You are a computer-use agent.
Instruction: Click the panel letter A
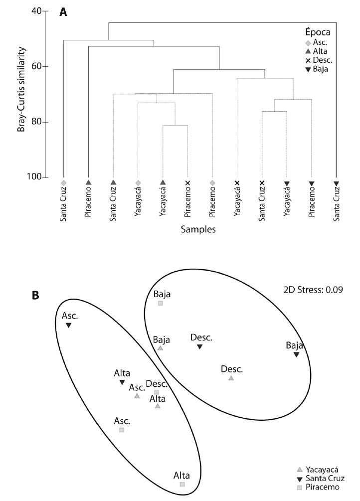pos(63,12)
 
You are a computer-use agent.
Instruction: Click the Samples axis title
pos(199,230)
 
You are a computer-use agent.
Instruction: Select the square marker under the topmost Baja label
pos(161,303)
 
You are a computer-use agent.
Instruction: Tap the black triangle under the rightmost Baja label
pos(296,354)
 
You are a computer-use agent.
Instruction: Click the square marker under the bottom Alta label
pos(182,484)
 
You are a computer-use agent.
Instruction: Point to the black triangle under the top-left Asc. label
pos(69,326)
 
